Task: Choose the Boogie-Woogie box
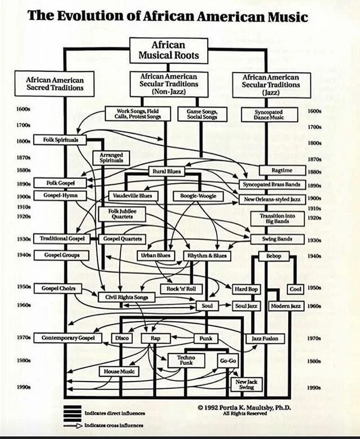[x=198, y=196]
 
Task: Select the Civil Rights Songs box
[x=125, y=297]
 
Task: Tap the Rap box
[x=156, y=338]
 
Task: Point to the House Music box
[x=119, y=371]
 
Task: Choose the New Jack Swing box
[x=246, y=384]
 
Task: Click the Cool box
[x=295, y=289]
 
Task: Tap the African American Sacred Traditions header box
[x=55, y=83]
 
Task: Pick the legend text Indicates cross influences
[x=113, y=425]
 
